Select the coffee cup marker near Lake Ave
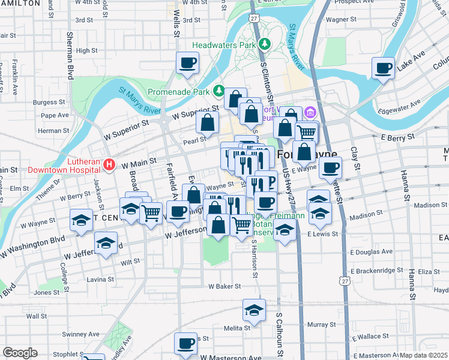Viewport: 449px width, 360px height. click(x=383, y=68)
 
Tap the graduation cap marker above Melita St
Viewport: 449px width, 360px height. click(x=254, y=310)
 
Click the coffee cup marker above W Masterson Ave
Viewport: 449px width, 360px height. click(x=185, y=344)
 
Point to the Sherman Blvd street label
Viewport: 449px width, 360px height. click(x=70, y=56)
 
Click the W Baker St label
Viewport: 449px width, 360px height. click(x=224, y=287)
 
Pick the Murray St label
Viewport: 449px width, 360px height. click(x=317, y=325)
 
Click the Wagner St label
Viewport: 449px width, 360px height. click(x=342, y=19)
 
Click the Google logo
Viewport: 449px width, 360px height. click(x=20, y=353)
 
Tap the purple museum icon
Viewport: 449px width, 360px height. click(x=310, y=112)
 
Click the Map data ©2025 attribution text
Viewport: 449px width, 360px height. click(x=423, y=355)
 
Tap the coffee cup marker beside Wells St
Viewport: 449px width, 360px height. click(x=187, y=62)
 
